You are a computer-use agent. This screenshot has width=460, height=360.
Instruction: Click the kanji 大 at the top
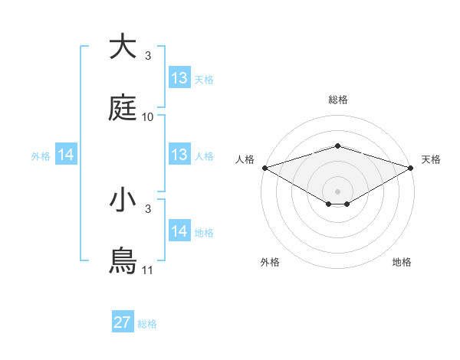coord(123,47)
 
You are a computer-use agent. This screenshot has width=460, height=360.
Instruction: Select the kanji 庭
coord(123,109)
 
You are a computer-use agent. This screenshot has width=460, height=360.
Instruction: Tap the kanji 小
coord(123,200)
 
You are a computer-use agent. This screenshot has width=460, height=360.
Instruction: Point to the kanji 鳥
coord(123,261)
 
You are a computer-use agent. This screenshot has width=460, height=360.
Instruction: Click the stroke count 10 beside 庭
coord(148,117)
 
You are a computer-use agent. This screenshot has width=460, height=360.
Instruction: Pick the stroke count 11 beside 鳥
coord(148,270)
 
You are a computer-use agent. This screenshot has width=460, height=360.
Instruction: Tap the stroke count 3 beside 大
coord(148,56)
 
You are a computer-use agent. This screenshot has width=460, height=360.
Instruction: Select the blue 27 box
coord(123,322)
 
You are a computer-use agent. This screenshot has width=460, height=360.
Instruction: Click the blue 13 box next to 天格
coord(179,78)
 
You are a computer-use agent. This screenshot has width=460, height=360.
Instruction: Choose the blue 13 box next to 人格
coord(179,155)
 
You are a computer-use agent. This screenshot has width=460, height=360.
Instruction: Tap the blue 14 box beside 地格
coord(179,231)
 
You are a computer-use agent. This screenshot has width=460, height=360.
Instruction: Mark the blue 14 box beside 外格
coord(66,155)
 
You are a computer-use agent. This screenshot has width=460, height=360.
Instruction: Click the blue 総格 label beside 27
coord(147,324)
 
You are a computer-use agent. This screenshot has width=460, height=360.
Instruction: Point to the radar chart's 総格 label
coord(337,100)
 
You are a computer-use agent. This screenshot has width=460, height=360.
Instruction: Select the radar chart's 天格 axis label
coord(432,159)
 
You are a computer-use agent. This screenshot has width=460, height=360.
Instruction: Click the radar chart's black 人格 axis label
coord(245,159)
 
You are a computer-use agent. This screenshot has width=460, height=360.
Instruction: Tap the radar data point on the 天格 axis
coord(412,167)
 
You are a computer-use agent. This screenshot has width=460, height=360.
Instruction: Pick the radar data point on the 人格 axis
coord(264,167)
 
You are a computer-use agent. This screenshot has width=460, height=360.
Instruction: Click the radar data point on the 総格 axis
coord(337,146)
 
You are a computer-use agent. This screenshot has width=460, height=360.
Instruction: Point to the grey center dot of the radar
coord(337,191)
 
